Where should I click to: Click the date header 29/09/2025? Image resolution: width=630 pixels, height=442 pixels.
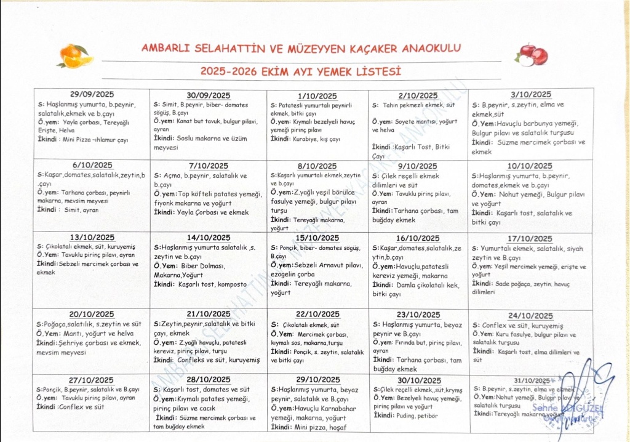click(x=92, y=94)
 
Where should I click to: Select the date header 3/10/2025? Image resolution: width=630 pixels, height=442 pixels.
click(x=531, y=94)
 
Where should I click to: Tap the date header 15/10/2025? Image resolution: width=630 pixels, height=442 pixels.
click(x=317, y=238)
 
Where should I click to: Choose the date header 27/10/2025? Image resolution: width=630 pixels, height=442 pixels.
click(x=92, y=380)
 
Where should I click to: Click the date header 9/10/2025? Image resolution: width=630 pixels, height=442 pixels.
click(x=418, y=166)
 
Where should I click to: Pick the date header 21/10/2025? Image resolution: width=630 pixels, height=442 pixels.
click(x=207, y=314)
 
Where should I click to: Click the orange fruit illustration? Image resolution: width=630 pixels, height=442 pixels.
click(x=74, y=55)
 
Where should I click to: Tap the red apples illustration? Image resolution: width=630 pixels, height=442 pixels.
click(x=533, y=54)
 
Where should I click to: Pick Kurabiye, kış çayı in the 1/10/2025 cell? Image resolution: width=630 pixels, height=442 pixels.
click(x=317, y=139)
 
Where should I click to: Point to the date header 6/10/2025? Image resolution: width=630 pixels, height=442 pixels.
click(x=92, y=165)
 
